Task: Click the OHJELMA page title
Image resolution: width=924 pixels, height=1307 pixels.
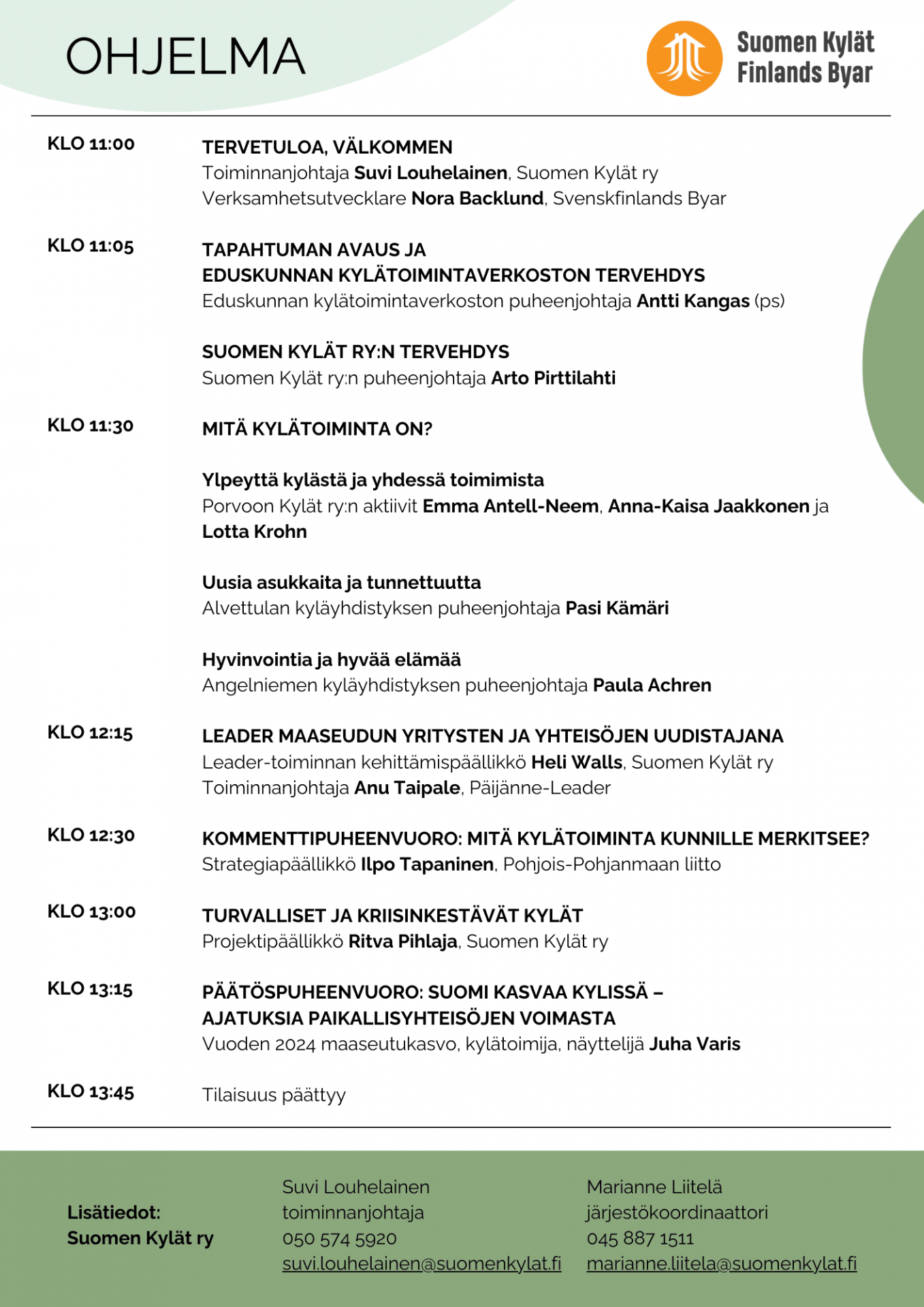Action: pos(185,57)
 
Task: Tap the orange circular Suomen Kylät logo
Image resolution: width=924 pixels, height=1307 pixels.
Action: pos(684,59)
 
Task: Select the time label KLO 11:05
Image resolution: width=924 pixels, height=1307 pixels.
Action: pos(91,246)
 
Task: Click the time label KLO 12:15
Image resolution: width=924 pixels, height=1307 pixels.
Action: pos(90,732)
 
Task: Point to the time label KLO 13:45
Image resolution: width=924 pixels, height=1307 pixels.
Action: pos(91,1091)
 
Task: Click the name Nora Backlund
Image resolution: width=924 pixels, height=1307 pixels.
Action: pos(477,198)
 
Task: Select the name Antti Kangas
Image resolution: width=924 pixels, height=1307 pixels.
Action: pos(692,301)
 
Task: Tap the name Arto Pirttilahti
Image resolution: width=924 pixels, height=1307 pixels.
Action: pos(553,378)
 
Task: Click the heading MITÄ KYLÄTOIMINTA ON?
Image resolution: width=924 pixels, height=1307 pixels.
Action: pos(317,429)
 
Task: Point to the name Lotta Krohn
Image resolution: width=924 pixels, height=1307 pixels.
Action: pos(254,532)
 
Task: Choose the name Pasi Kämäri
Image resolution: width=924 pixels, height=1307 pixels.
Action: pos(617,608)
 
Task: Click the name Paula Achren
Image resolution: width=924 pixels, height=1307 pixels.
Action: pos(652,685)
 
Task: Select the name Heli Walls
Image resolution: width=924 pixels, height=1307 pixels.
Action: pos(576,762)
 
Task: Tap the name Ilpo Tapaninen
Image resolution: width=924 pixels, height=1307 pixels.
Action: pos(427,865)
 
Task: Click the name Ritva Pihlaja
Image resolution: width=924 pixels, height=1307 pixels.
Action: pos(402,941)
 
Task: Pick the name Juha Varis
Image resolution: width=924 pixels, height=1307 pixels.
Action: pos(694,1044)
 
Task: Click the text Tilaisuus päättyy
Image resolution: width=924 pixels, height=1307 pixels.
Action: pos(274,1095)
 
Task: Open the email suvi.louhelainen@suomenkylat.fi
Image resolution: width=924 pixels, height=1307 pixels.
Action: pos(421,1263)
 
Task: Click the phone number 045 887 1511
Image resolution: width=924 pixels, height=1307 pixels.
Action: pos(639,1238)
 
